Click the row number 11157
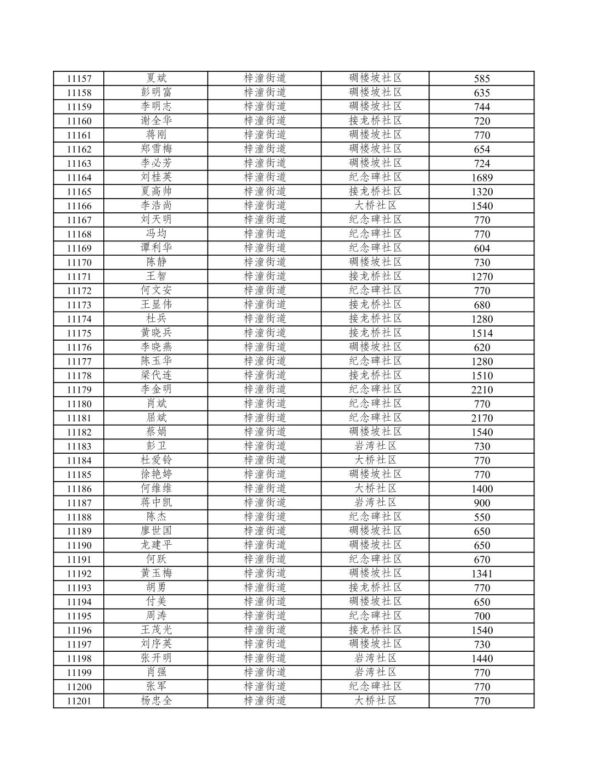(79, 78)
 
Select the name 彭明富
(156, 92)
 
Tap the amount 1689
(482, 177)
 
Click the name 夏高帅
(156, 191)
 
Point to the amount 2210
(482, 390)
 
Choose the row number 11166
(79, 206)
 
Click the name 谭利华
(156, 248)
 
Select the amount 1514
(482, 333)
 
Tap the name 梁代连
(156, 375)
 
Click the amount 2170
(482, 418)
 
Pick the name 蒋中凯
(156, 503)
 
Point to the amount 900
(482, 503)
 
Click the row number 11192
(79, 574)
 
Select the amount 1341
(482, 574)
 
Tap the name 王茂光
(156, 630)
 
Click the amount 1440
(482, 658)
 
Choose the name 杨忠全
(156, 701)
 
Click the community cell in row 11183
(375, 446)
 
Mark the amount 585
(482, 78)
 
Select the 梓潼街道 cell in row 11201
(265, 701)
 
